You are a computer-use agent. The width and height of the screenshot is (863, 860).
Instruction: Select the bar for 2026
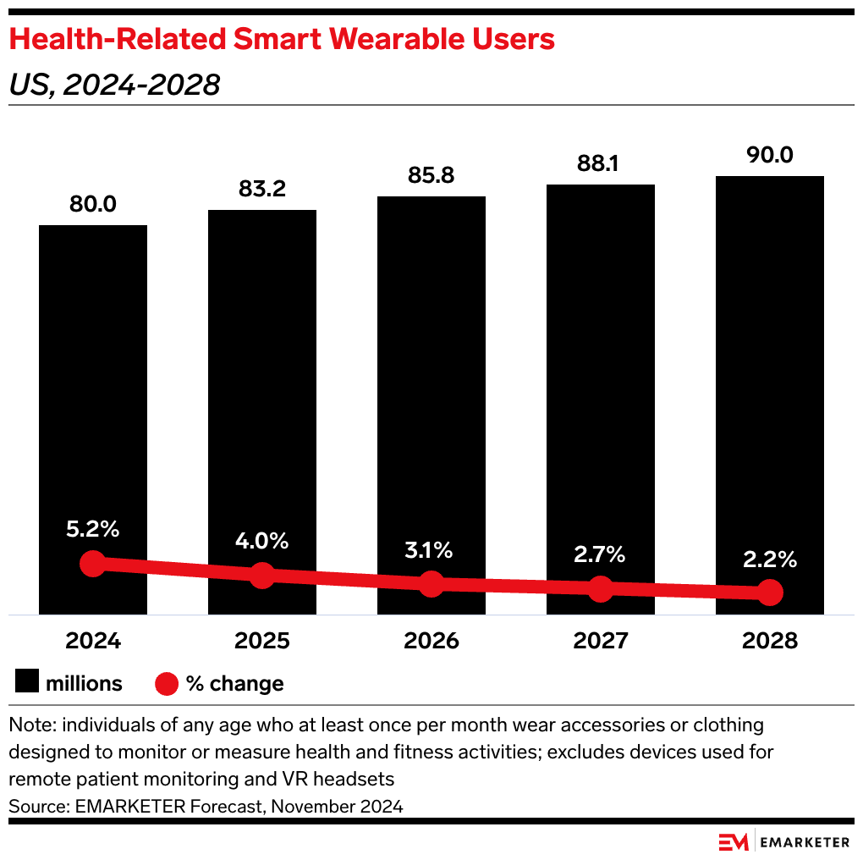point(431,381)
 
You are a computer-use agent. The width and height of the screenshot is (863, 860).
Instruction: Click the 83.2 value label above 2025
point(262,189)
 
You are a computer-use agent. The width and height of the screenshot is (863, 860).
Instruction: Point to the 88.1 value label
point(601,163)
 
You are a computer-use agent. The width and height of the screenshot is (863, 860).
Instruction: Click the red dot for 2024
point(93,564)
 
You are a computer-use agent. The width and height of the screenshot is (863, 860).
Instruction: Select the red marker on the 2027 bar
point(601,588)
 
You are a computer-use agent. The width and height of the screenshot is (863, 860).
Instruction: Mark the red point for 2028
point(770,593)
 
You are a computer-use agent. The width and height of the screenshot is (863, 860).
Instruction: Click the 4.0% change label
point(262,540)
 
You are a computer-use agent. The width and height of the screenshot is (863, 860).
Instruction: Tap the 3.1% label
point(431,550)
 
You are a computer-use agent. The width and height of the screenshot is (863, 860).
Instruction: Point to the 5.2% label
point(93,530)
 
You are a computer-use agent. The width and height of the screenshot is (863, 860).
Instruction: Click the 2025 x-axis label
point(262,641)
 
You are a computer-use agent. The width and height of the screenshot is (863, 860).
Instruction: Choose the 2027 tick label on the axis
point(601,641)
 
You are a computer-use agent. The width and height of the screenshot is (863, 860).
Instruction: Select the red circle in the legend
point(166,683)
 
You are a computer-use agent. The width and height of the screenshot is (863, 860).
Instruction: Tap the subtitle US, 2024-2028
point(114,85)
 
